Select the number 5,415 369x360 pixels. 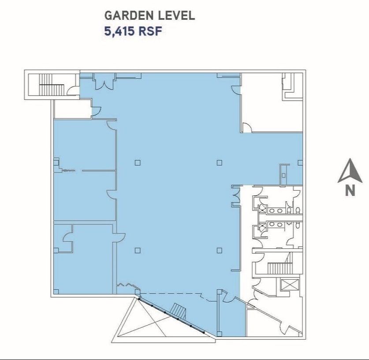tap(119, 31)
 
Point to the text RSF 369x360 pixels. tap(150, 31)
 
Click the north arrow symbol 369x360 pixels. tap(350, 172)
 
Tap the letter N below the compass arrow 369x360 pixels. tap(350, 191)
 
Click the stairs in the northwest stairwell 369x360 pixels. tap(52, 85)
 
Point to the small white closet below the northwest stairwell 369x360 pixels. tap(72, 109)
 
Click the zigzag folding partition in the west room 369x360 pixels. tap(69, 170)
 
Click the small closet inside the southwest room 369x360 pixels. tap(63, 239)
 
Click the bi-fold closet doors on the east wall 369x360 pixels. tap(236, 196)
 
